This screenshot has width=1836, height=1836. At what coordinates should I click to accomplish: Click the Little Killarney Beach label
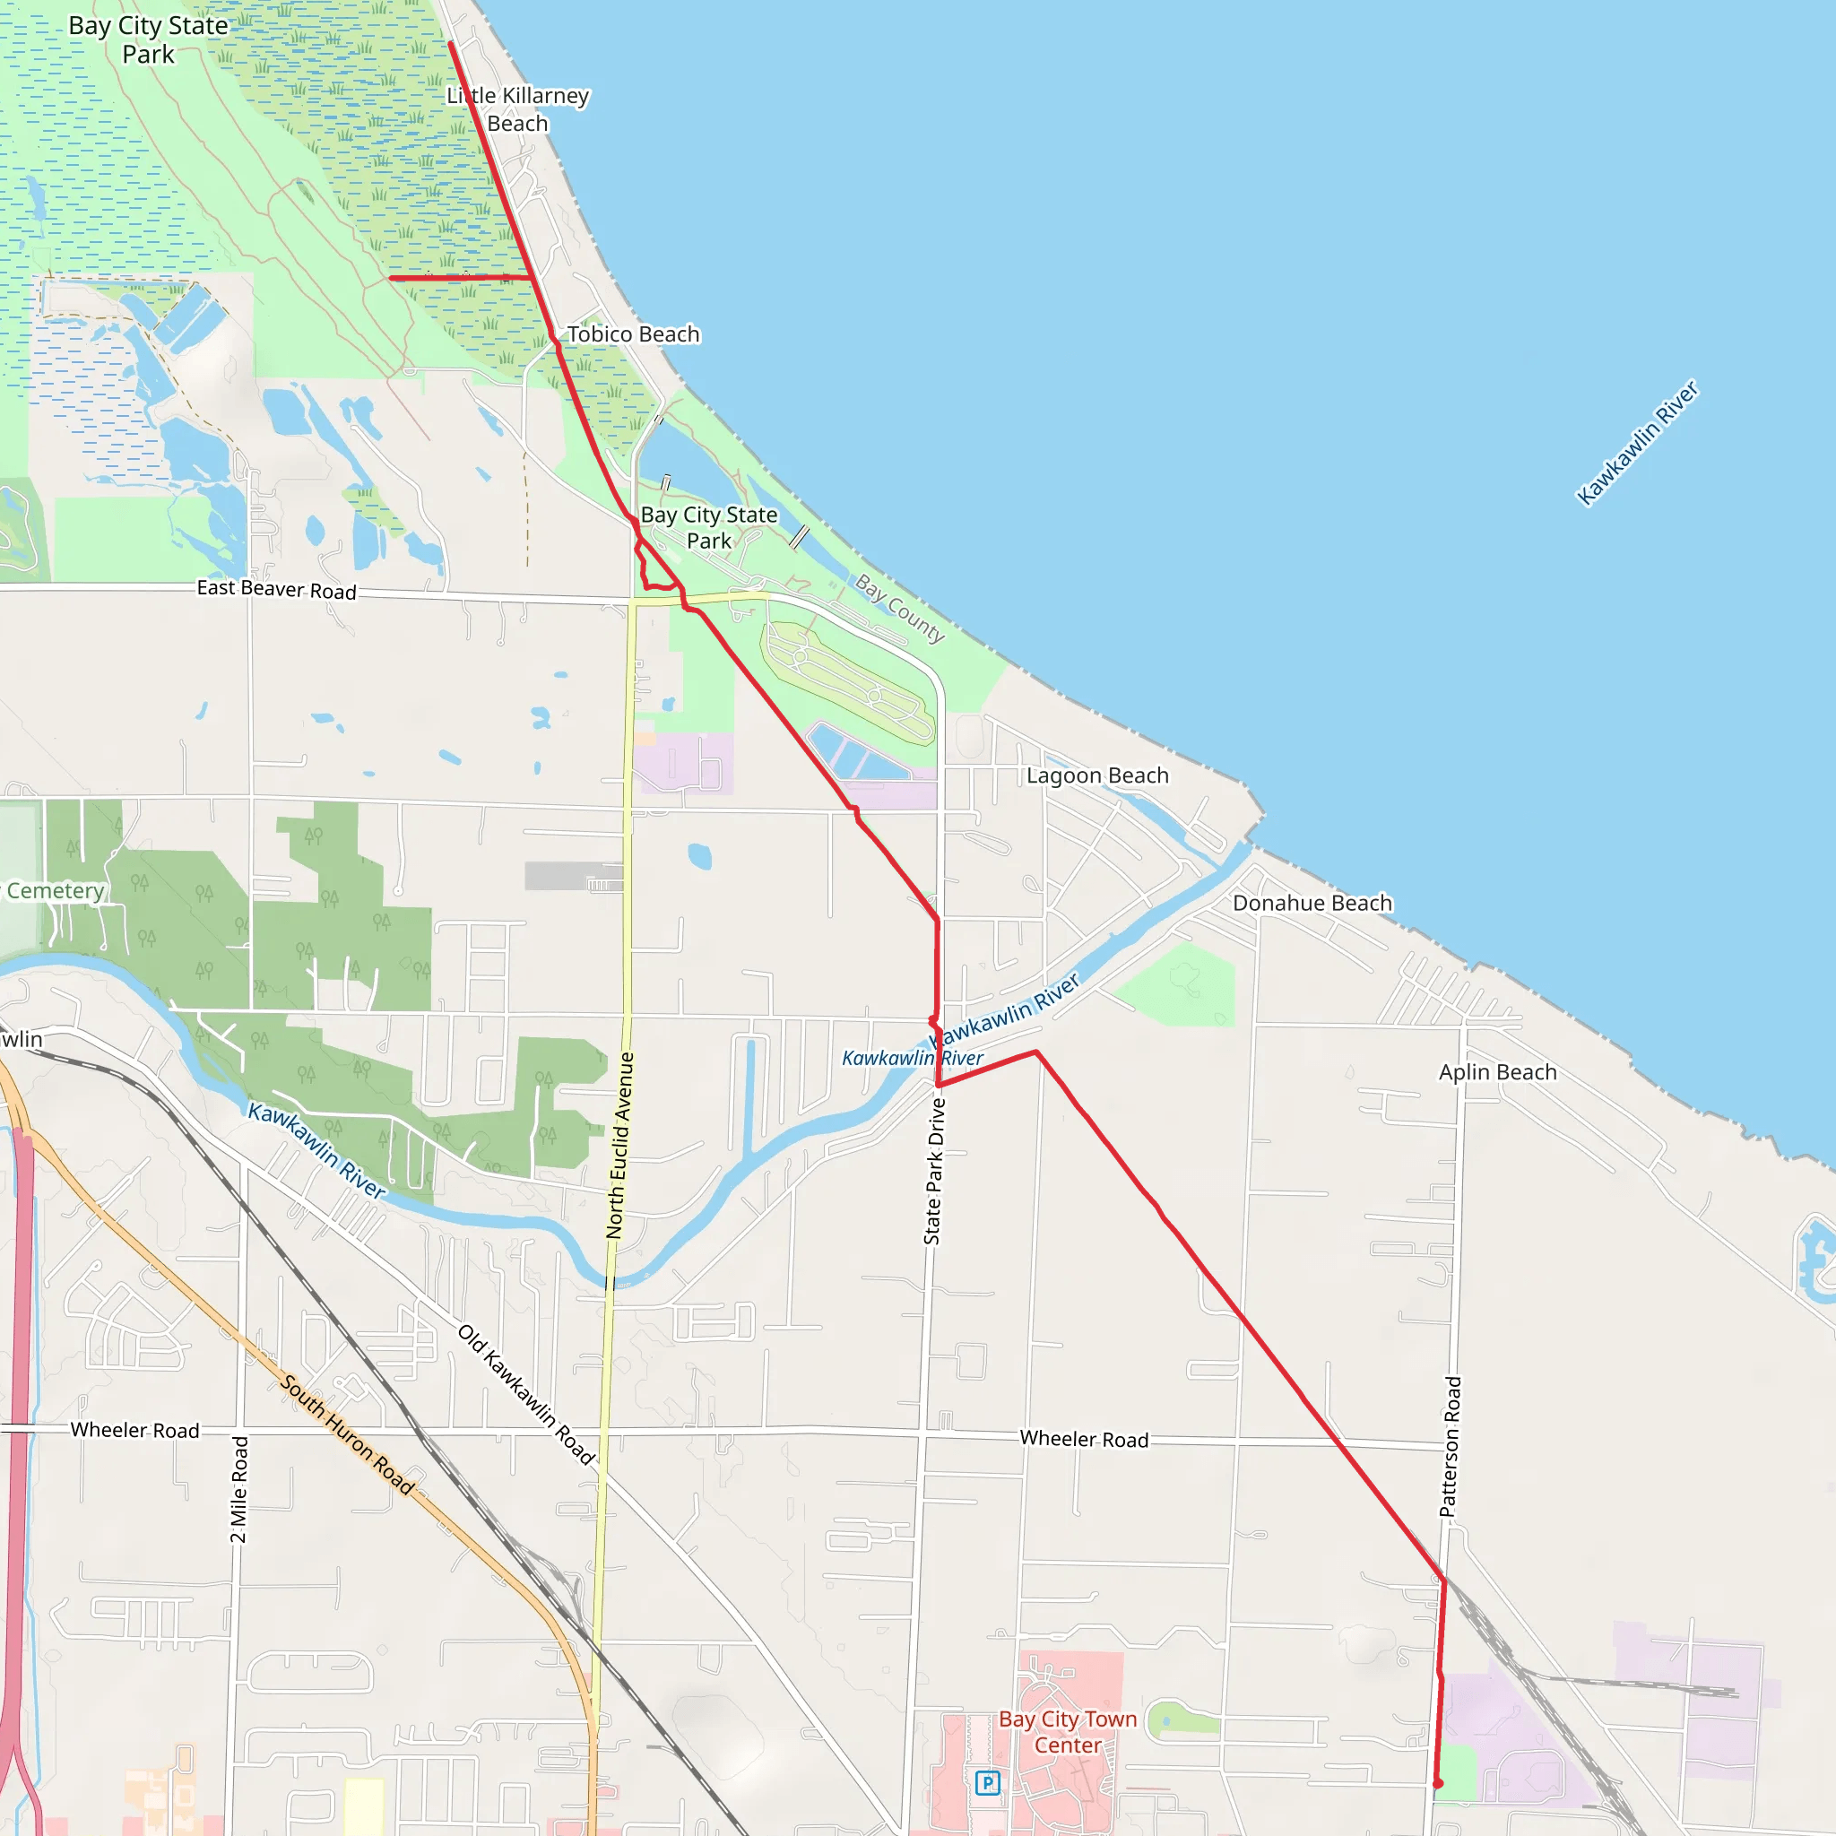coord(518,109)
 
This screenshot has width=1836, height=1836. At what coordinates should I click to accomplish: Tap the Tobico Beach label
coord(633,334)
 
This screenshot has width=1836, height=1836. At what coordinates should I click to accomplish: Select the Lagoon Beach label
coord(1097,775)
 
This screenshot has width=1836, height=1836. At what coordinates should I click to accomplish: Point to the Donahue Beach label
coord(1312,903)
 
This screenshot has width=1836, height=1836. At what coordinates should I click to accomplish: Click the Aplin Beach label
coord(1498,1072)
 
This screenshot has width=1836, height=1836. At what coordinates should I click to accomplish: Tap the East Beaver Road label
coord(276,589)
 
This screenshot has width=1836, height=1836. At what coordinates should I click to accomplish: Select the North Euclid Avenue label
coord(619,1145)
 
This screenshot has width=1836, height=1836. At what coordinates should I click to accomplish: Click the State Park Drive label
coord(934,1171)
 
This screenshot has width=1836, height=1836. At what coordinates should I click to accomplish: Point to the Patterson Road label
coord(1451,1446)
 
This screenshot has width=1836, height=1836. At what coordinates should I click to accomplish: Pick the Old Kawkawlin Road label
coord(526,1394)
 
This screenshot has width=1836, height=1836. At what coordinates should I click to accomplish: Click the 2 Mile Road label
coord(239,1489)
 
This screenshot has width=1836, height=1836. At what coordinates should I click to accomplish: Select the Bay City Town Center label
coord(1067,1731)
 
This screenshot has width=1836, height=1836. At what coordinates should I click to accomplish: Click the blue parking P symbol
coord(987,1783)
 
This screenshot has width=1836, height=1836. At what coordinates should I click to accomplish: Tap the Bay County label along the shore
coord(900,608)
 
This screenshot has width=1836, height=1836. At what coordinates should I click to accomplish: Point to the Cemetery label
coord(54,890)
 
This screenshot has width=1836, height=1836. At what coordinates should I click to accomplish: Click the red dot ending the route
coord(1438,1784)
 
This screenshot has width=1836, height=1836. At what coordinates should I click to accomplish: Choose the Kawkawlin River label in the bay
coord(1637,443)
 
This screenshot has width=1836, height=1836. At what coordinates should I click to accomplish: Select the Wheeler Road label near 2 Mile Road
coord(135,1430)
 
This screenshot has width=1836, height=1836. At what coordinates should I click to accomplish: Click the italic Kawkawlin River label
coord(913,1058)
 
